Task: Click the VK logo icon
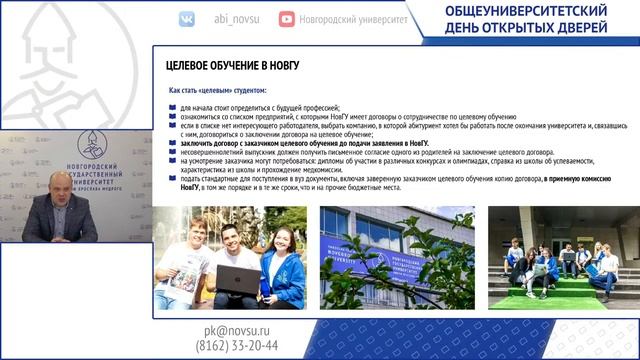click(187, 19)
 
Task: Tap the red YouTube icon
click(287, 19)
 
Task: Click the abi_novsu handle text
click(236, 18)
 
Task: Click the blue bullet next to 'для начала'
click(172, 107)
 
